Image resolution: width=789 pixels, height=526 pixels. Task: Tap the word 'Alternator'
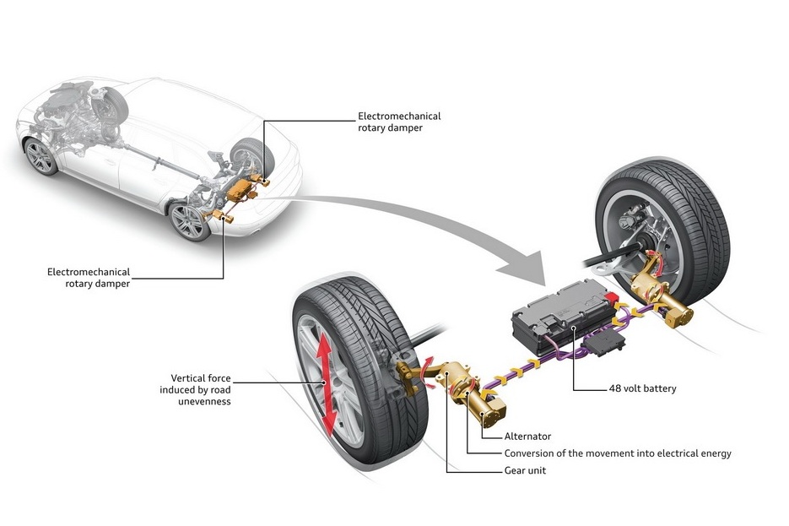click(x=527, y=437)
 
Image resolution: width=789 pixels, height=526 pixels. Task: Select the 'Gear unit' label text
click(x=524, y=470)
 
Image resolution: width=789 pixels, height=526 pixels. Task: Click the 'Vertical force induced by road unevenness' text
click(x=195, y=389)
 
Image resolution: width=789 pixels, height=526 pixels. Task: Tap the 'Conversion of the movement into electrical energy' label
click(x=618, y=453)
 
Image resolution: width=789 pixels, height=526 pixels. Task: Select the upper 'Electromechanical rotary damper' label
click(x=399, y=122)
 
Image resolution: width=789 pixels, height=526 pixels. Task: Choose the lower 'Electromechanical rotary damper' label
click(x=89, y=278)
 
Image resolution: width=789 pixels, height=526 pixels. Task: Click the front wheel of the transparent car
click(x=41, y=156)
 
